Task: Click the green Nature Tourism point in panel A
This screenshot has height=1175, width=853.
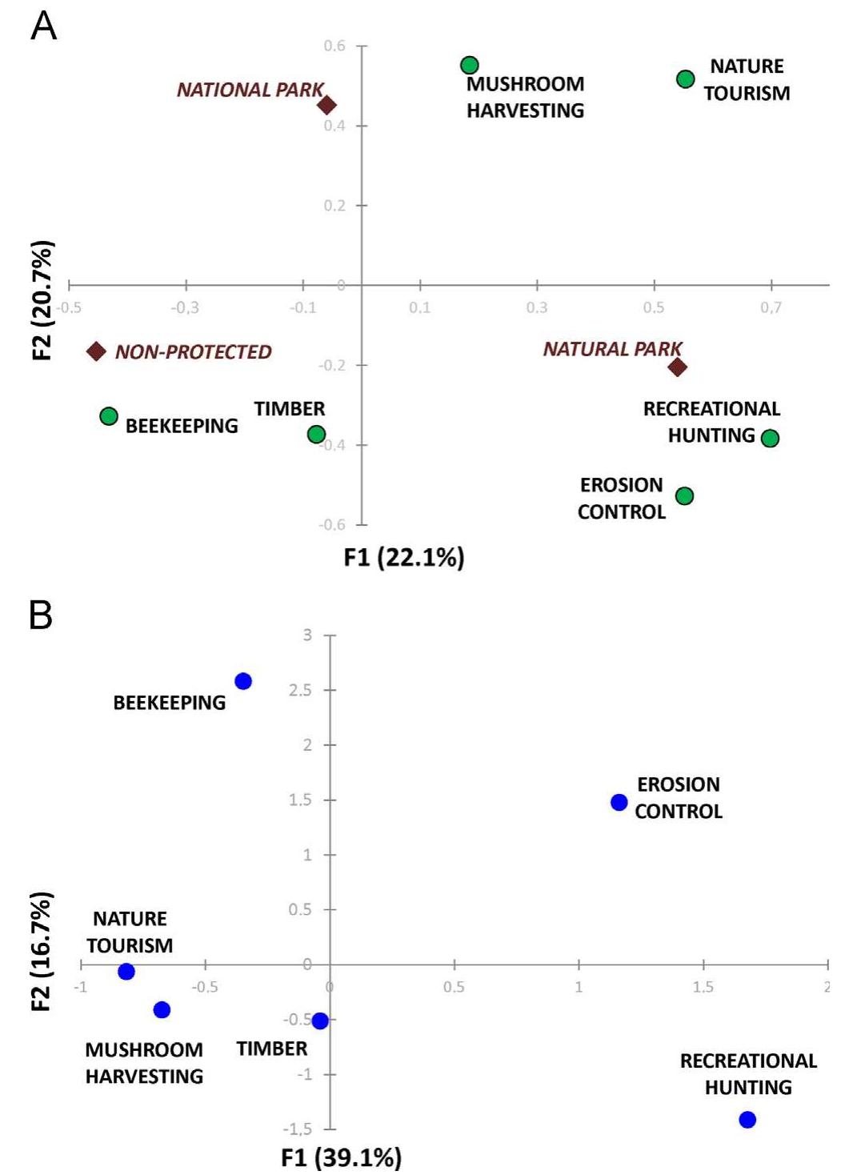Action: pyautogui.click(x=685, y=78)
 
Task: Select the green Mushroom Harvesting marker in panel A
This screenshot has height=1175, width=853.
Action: pyautogui.click(x=470, y=65)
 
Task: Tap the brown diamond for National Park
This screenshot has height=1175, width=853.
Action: pyautogui.click(x=326, y=105)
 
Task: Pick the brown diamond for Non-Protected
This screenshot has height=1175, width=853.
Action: pyautogui.click(x=96, y=351)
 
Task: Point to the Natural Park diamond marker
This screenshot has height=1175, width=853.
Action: pyautogui.click(x=678, y=367)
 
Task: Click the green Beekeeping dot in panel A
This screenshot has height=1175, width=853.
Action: pyautogui.click(x=109, y=416)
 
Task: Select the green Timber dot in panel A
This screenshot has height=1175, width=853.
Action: pyautogui.click(x=316, y=435)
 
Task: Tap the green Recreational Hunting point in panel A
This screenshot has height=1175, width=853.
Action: pyautogui.click(x=770, y=438)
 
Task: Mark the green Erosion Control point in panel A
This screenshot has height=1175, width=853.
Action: pyautogui.click(x=684, y=496)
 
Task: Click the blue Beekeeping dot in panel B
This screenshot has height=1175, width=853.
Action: pyautogui.click(x=243, y=681)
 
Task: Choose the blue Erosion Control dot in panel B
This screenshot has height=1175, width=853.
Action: pyautogui.click(x=619, y=802)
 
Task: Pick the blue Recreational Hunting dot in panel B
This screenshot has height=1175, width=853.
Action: pyautogui.click(x=747, y=1120)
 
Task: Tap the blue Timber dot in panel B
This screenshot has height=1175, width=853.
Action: pyautogui.click(x=320, y=1021)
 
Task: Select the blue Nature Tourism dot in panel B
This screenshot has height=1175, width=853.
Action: pyautogui.click(x=126, y=972)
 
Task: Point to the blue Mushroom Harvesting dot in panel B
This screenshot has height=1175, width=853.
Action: pyautogui.click(x=162, y=1010)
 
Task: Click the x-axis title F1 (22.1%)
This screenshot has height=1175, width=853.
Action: pyautogui.click(x=404, y=557)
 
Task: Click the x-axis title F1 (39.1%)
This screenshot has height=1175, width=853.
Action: pyautogui.click(x=341, y=1157)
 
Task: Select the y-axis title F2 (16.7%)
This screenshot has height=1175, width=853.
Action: pyautogui.click(x=42, y=950)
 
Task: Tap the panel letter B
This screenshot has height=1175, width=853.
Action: pyautogui.click(x=41, y=615)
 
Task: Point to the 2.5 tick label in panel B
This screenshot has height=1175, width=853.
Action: pyautogui.click(x=300, y=690)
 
